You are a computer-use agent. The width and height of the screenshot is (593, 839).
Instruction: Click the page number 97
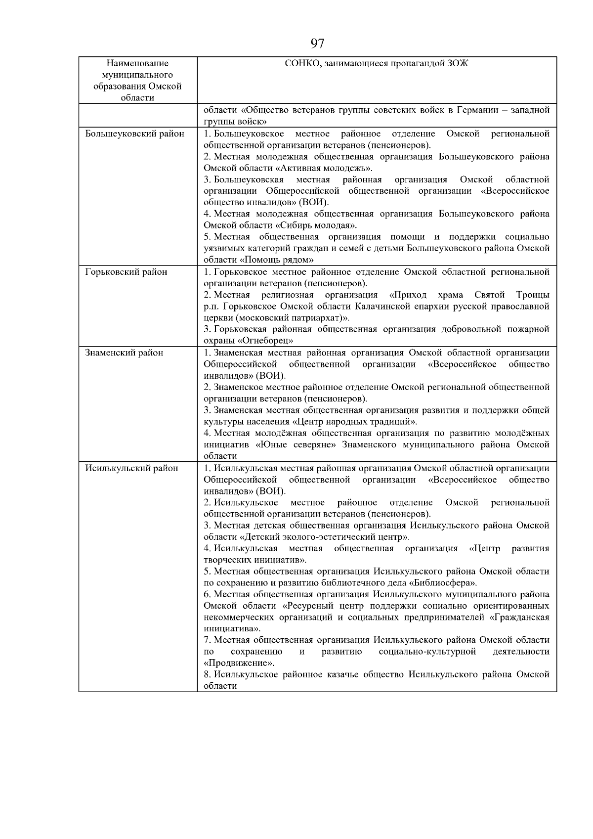pos(317,44)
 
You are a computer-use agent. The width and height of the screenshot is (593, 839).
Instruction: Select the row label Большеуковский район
pos(135,134)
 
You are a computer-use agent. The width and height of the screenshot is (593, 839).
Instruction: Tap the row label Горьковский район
pos(126,272)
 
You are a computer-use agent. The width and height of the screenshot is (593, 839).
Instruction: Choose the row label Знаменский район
pos(124,353)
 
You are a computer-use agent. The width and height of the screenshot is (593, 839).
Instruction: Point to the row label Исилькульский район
pos(132,468)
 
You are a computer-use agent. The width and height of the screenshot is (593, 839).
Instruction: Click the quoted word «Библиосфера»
pos(443,582)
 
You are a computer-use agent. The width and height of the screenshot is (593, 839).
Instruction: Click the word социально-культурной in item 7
pos(427,652)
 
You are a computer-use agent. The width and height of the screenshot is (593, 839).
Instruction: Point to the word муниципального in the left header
pos(137,75)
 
